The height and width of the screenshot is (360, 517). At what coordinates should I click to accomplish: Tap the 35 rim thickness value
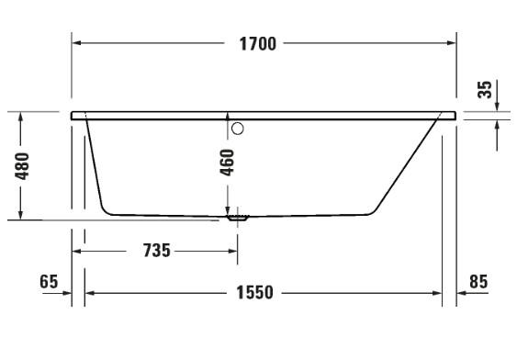(x=486, y=89)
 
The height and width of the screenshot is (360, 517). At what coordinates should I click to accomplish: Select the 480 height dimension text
(x=25, y=166)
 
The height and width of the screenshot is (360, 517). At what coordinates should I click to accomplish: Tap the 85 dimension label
(x=478, y=282)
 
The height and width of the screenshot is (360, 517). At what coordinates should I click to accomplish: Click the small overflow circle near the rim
(x=237, y=129)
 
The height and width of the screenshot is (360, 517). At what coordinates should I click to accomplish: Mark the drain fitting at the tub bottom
(x=239, y=219)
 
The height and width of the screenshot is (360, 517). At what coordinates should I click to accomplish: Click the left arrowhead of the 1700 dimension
(x=78, y=43)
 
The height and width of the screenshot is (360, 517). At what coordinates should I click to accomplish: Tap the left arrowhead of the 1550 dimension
(x=91, y=293)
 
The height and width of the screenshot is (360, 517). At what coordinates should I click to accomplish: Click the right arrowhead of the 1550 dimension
(x=437, y=293)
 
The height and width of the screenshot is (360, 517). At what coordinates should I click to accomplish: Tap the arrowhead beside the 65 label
(x=66, y=293)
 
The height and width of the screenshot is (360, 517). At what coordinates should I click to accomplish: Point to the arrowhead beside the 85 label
(x=462, y=293)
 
